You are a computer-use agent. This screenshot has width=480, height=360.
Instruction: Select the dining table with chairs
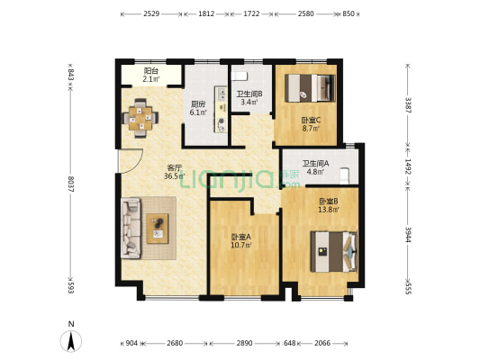[x=139, y=114]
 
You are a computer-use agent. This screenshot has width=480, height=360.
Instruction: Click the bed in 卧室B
[x=334, y=249]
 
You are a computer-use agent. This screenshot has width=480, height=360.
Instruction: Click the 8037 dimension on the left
[x=68, y=192]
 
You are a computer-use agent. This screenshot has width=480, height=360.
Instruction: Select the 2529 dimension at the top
[x=151, y=14]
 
